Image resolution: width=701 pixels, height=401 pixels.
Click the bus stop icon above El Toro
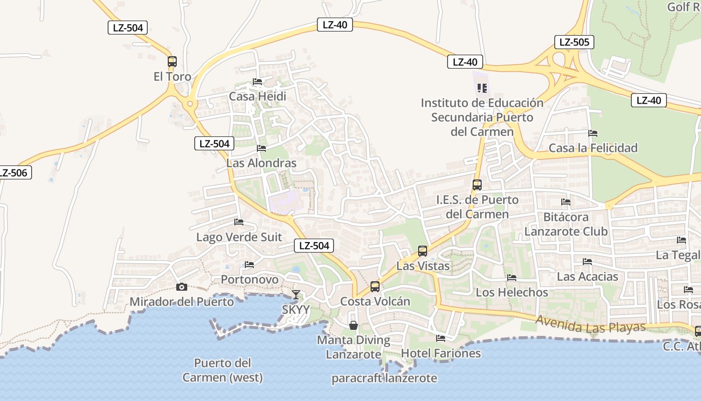click(x=172, y=62)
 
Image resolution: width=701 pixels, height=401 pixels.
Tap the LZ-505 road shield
click(x=574, y=42)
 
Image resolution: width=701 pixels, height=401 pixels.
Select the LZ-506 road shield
click(x=13, y=173)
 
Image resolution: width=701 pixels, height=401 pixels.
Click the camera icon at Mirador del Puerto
click(x=182, y=287)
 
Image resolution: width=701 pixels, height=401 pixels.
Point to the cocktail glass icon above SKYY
click(x=296, y=294)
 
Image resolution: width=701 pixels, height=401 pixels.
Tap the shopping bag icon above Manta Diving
click(x=354, y=325)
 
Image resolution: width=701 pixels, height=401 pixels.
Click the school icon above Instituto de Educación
click(x=482, y=88)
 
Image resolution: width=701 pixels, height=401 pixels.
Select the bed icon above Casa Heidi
click(x=257, y=81)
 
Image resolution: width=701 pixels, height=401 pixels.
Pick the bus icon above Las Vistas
click(x=423, y=251)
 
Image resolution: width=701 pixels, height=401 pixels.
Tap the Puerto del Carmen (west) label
click(x=222, y=370)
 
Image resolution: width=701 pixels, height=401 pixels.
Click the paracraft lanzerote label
click(x=384, y=378)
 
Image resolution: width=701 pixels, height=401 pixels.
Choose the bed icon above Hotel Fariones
click(x=441, y=338)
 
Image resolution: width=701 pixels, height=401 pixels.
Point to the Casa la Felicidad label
click(x=593, y=148)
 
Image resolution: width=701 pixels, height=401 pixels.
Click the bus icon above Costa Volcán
click(x=375, y=287)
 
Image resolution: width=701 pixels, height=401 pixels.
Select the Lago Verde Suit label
click(x=239, y=237)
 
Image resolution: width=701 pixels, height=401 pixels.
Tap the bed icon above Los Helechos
click(x=511, y=277)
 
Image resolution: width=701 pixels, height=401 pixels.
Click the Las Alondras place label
click(x=261, y=163)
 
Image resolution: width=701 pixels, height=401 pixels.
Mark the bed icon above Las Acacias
click(x=587, y=261)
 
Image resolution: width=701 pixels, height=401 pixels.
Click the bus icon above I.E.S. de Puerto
click(x=477, y=184)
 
